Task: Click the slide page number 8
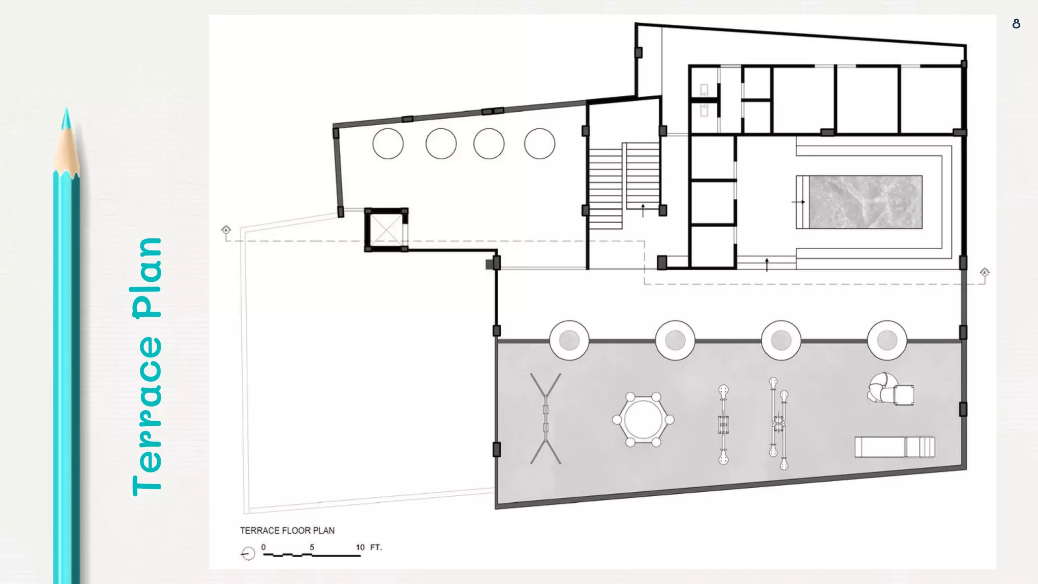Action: coord(1016,24)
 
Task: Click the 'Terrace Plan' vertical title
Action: coord(147,367)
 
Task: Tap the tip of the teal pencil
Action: coord(66,108)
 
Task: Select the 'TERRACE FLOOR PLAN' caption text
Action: coord(287,530)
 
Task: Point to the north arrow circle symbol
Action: coord(248,554)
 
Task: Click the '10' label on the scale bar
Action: coord(360,547)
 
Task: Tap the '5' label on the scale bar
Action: coord(312,547)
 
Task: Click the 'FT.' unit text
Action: coord(376,547)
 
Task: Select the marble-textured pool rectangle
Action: coord(865,202)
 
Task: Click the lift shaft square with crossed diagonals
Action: coord(386,230)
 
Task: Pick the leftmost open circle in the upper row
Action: coord(388,143)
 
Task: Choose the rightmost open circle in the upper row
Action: coord(540,143)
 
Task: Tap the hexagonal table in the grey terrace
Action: coord(643,419)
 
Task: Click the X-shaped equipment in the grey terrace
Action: coord(546,419)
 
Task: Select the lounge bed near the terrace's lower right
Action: coord(895,447)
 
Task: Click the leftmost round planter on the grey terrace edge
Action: coord(569,340)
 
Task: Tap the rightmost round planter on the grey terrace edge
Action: coord(887,340)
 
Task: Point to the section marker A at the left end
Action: coord(226,230)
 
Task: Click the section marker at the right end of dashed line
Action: coord(984,272)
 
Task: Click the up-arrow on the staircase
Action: coord(643,210)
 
